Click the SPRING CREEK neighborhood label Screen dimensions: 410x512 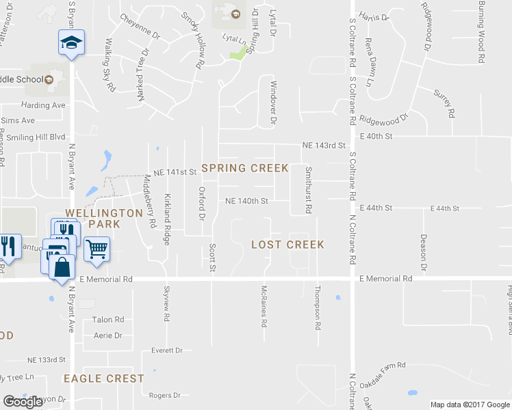click(244, 168)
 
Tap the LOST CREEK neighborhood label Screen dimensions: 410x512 click(287, 244)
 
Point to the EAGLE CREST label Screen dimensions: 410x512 click(104, 379)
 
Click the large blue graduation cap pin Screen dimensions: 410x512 click(71, 43)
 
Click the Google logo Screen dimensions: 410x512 click(23, 402)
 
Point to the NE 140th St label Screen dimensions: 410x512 click(246, 201)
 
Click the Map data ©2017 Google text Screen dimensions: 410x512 click(470, 405)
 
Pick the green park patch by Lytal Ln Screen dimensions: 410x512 click(238, 53)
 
